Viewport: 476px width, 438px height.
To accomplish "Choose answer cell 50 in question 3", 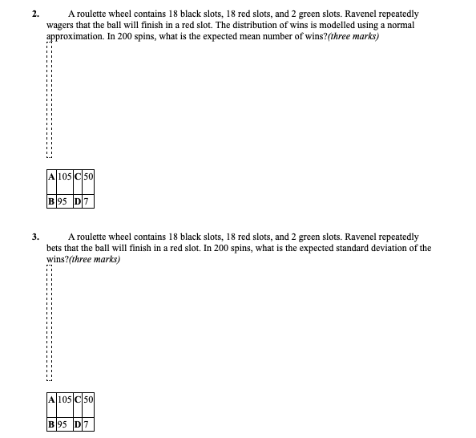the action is click(88, 399).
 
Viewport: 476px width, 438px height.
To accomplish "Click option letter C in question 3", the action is click(78, 399).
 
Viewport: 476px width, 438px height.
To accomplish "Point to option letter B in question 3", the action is click(51, 424).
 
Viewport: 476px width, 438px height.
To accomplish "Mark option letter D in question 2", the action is click(78, 201).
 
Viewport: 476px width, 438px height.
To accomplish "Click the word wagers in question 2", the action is click(60, 26).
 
